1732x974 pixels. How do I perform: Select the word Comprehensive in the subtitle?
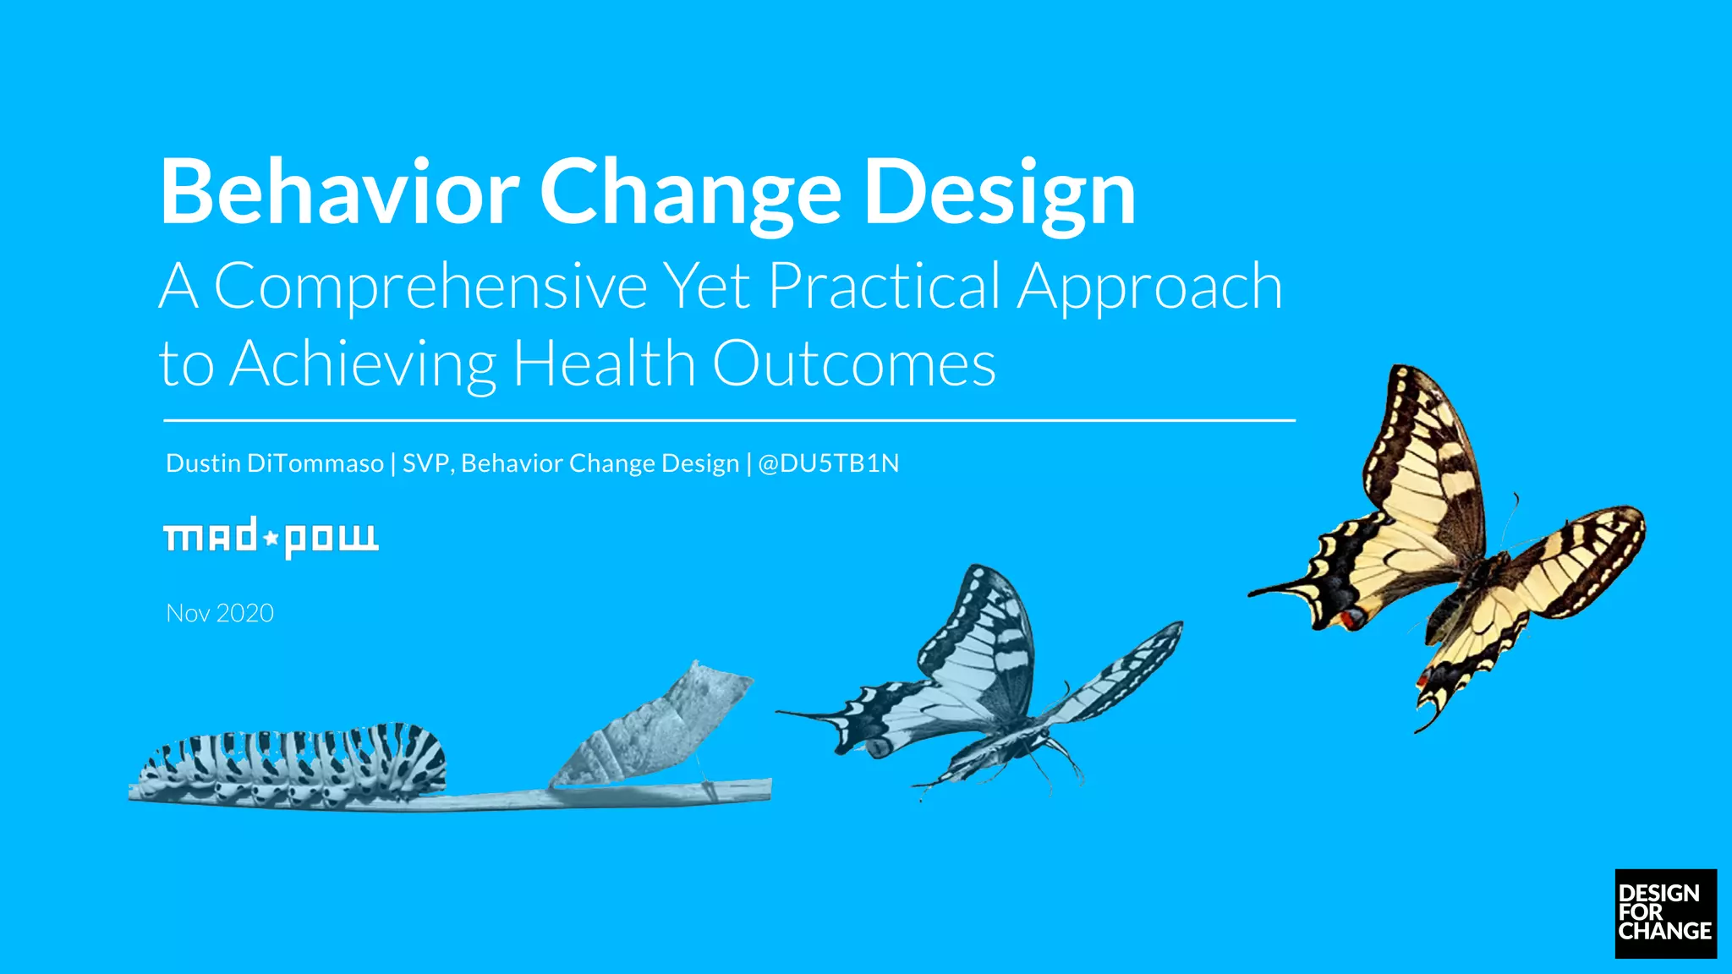[430, 287]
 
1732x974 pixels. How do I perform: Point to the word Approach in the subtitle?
[1150, 287]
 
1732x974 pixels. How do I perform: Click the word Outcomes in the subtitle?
[854, 364]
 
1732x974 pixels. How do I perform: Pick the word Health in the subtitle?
[605, 364]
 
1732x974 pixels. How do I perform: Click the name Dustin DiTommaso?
[275, 463]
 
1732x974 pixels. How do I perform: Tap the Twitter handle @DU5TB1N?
[829, 463]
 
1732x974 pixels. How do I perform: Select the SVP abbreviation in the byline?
[427, 463]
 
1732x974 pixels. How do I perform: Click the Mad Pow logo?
[271, 538]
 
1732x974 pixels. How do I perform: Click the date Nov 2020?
[220, 613]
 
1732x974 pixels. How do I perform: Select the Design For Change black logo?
[1665, 913]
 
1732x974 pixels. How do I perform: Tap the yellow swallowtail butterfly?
[1438, 541]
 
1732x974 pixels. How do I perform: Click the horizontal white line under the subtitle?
[727, 419]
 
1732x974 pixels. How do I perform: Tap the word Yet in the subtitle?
[707, 287]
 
